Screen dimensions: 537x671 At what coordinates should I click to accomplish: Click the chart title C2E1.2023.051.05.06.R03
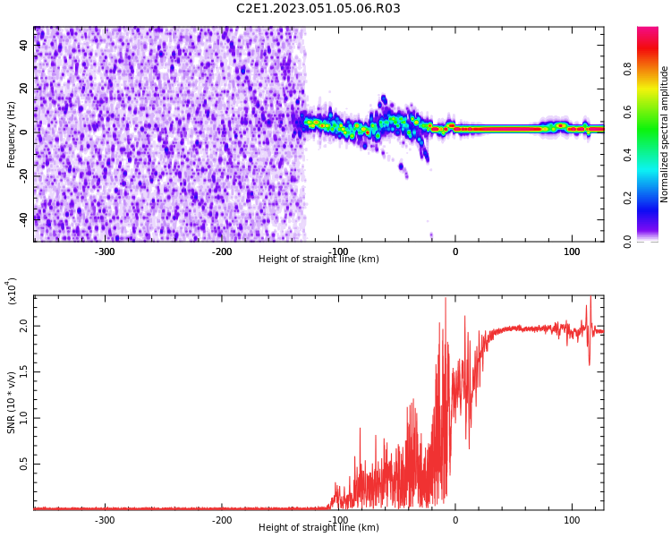coord(318,9)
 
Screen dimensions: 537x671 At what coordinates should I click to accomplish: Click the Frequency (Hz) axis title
coord(12,134)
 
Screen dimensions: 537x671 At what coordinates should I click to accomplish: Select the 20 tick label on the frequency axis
coord(24,89)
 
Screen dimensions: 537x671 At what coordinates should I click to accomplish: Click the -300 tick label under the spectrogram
coord(105,251)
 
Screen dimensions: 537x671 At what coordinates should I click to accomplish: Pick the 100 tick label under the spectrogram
coord(571,251)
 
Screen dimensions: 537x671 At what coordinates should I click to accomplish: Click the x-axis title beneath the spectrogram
coord(319,260)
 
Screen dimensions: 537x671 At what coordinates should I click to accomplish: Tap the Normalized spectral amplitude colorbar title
coord(665,134)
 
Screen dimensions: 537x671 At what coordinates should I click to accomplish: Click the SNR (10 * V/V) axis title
coord(12,403)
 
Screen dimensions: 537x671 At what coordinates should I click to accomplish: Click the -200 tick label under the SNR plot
coord(221,520)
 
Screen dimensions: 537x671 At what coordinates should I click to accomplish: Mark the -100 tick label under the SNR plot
coord(337,520)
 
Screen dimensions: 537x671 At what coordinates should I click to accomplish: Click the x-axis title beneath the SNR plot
coord(319,528)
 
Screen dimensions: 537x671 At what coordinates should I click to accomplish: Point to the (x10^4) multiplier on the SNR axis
coord(12,291)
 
